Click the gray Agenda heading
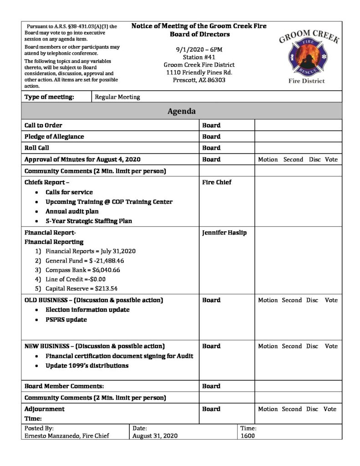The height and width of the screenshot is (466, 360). tap(182, 111)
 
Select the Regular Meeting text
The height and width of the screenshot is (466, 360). tap(117, 97)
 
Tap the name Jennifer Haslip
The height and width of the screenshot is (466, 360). tap(224, 233)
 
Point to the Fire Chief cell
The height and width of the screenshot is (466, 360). tap(217, 182)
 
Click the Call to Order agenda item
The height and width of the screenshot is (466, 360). tap(43, 125)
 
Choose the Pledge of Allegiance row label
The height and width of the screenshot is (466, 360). tap(54, 137)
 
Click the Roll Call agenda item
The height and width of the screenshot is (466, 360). tap(37, 148)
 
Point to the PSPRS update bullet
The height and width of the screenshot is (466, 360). tap(66, 319)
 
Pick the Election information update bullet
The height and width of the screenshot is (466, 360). tap(87, 309)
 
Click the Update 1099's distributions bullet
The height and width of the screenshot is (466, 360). tap(87, 365)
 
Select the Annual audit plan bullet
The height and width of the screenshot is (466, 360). tap(72, 212)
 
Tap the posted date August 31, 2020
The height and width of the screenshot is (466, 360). tap(155, 436)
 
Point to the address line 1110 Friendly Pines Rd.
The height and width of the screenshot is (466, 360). tap(199, 72)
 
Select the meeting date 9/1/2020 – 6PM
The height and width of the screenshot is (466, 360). tap(199, 49)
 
